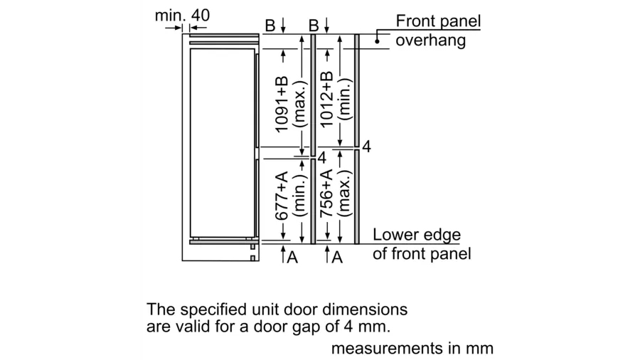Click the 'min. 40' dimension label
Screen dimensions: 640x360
(182, 16)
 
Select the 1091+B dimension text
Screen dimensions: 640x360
(282, 104)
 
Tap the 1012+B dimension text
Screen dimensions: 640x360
(326, 99)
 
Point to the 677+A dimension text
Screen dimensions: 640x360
(282, 196)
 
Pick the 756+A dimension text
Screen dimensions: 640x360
(326, 194)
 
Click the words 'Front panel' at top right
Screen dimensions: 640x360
(438, 21)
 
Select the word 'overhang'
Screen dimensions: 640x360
(431, 41)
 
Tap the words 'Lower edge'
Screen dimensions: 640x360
(417, 235)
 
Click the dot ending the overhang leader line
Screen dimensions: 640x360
(377, 41)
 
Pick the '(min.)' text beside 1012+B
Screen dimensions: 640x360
(346, 99)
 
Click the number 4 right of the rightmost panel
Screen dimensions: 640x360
(366, 147)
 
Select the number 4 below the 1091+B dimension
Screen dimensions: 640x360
(322, 157)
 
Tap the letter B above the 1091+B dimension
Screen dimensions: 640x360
(270, 26)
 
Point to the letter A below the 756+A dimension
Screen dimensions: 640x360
(337, 257)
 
